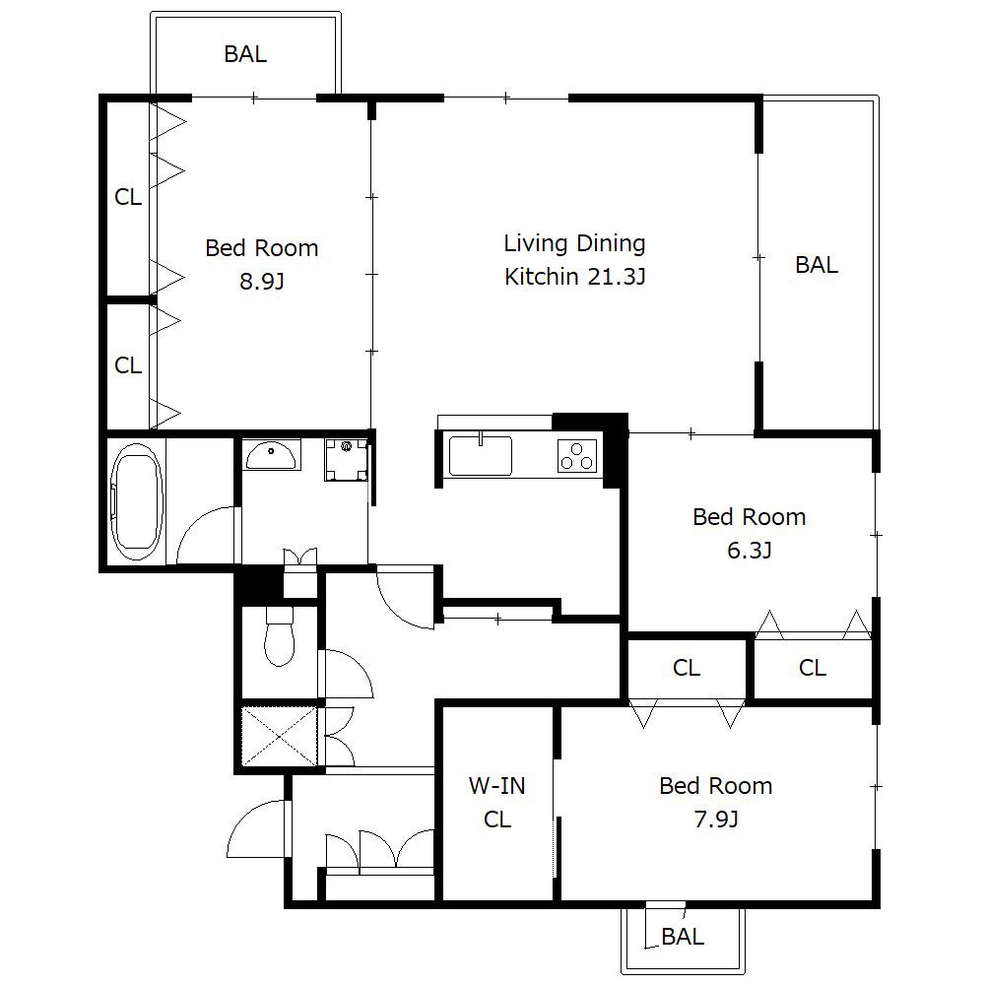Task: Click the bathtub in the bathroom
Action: coord(137,502)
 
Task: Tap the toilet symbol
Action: coord(280,635)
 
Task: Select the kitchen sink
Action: coord(480,455)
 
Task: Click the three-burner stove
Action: coord(577,455)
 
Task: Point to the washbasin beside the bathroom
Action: coord(271,454)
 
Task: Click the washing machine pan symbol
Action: coord(346,460)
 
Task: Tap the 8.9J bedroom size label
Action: coord(262,282)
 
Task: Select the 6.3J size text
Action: coord(750,551)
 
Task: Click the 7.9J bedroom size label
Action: coord(716,820)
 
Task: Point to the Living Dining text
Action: coord(575,243)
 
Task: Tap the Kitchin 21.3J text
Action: coord(575,277)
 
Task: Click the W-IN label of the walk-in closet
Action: coord(496,786)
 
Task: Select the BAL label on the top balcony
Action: coord(245,54)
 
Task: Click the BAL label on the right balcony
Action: coord(817,264)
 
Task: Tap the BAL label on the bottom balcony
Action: coord(683,937)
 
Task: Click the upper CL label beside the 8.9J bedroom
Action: coord(128,197)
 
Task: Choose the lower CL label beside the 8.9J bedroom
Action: coord(128,365)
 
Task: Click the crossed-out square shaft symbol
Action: coord(280,736)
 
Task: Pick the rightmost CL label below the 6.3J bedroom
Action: coord(813,668)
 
